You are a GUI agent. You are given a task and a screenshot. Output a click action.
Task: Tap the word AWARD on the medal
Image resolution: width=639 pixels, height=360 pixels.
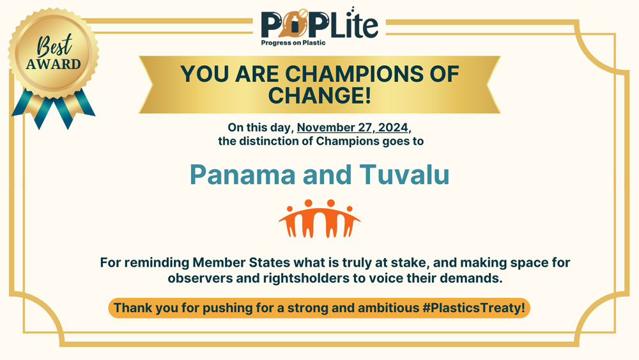54,64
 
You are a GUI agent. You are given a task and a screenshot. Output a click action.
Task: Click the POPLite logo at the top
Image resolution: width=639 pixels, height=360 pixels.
319,26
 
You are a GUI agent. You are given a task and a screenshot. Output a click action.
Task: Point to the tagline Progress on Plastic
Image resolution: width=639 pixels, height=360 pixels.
293,43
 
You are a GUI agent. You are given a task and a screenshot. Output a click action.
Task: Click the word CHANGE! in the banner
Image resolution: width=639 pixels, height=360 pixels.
319,95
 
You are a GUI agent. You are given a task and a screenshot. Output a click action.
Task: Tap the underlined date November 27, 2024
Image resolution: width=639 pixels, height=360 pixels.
353,127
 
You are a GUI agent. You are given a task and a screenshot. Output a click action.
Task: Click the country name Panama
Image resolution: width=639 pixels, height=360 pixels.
242,175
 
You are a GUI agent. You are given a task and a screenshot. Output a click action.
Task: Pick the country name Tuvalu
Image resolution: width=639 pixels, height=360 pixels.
404,175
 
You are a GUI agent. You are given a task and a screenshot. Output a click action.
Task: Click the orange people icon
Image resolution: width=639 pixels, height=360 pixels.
319,218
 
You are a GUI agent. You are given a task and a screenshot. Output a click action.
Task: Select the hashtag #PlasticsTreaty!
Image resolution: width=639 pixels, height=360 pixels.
473,308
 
